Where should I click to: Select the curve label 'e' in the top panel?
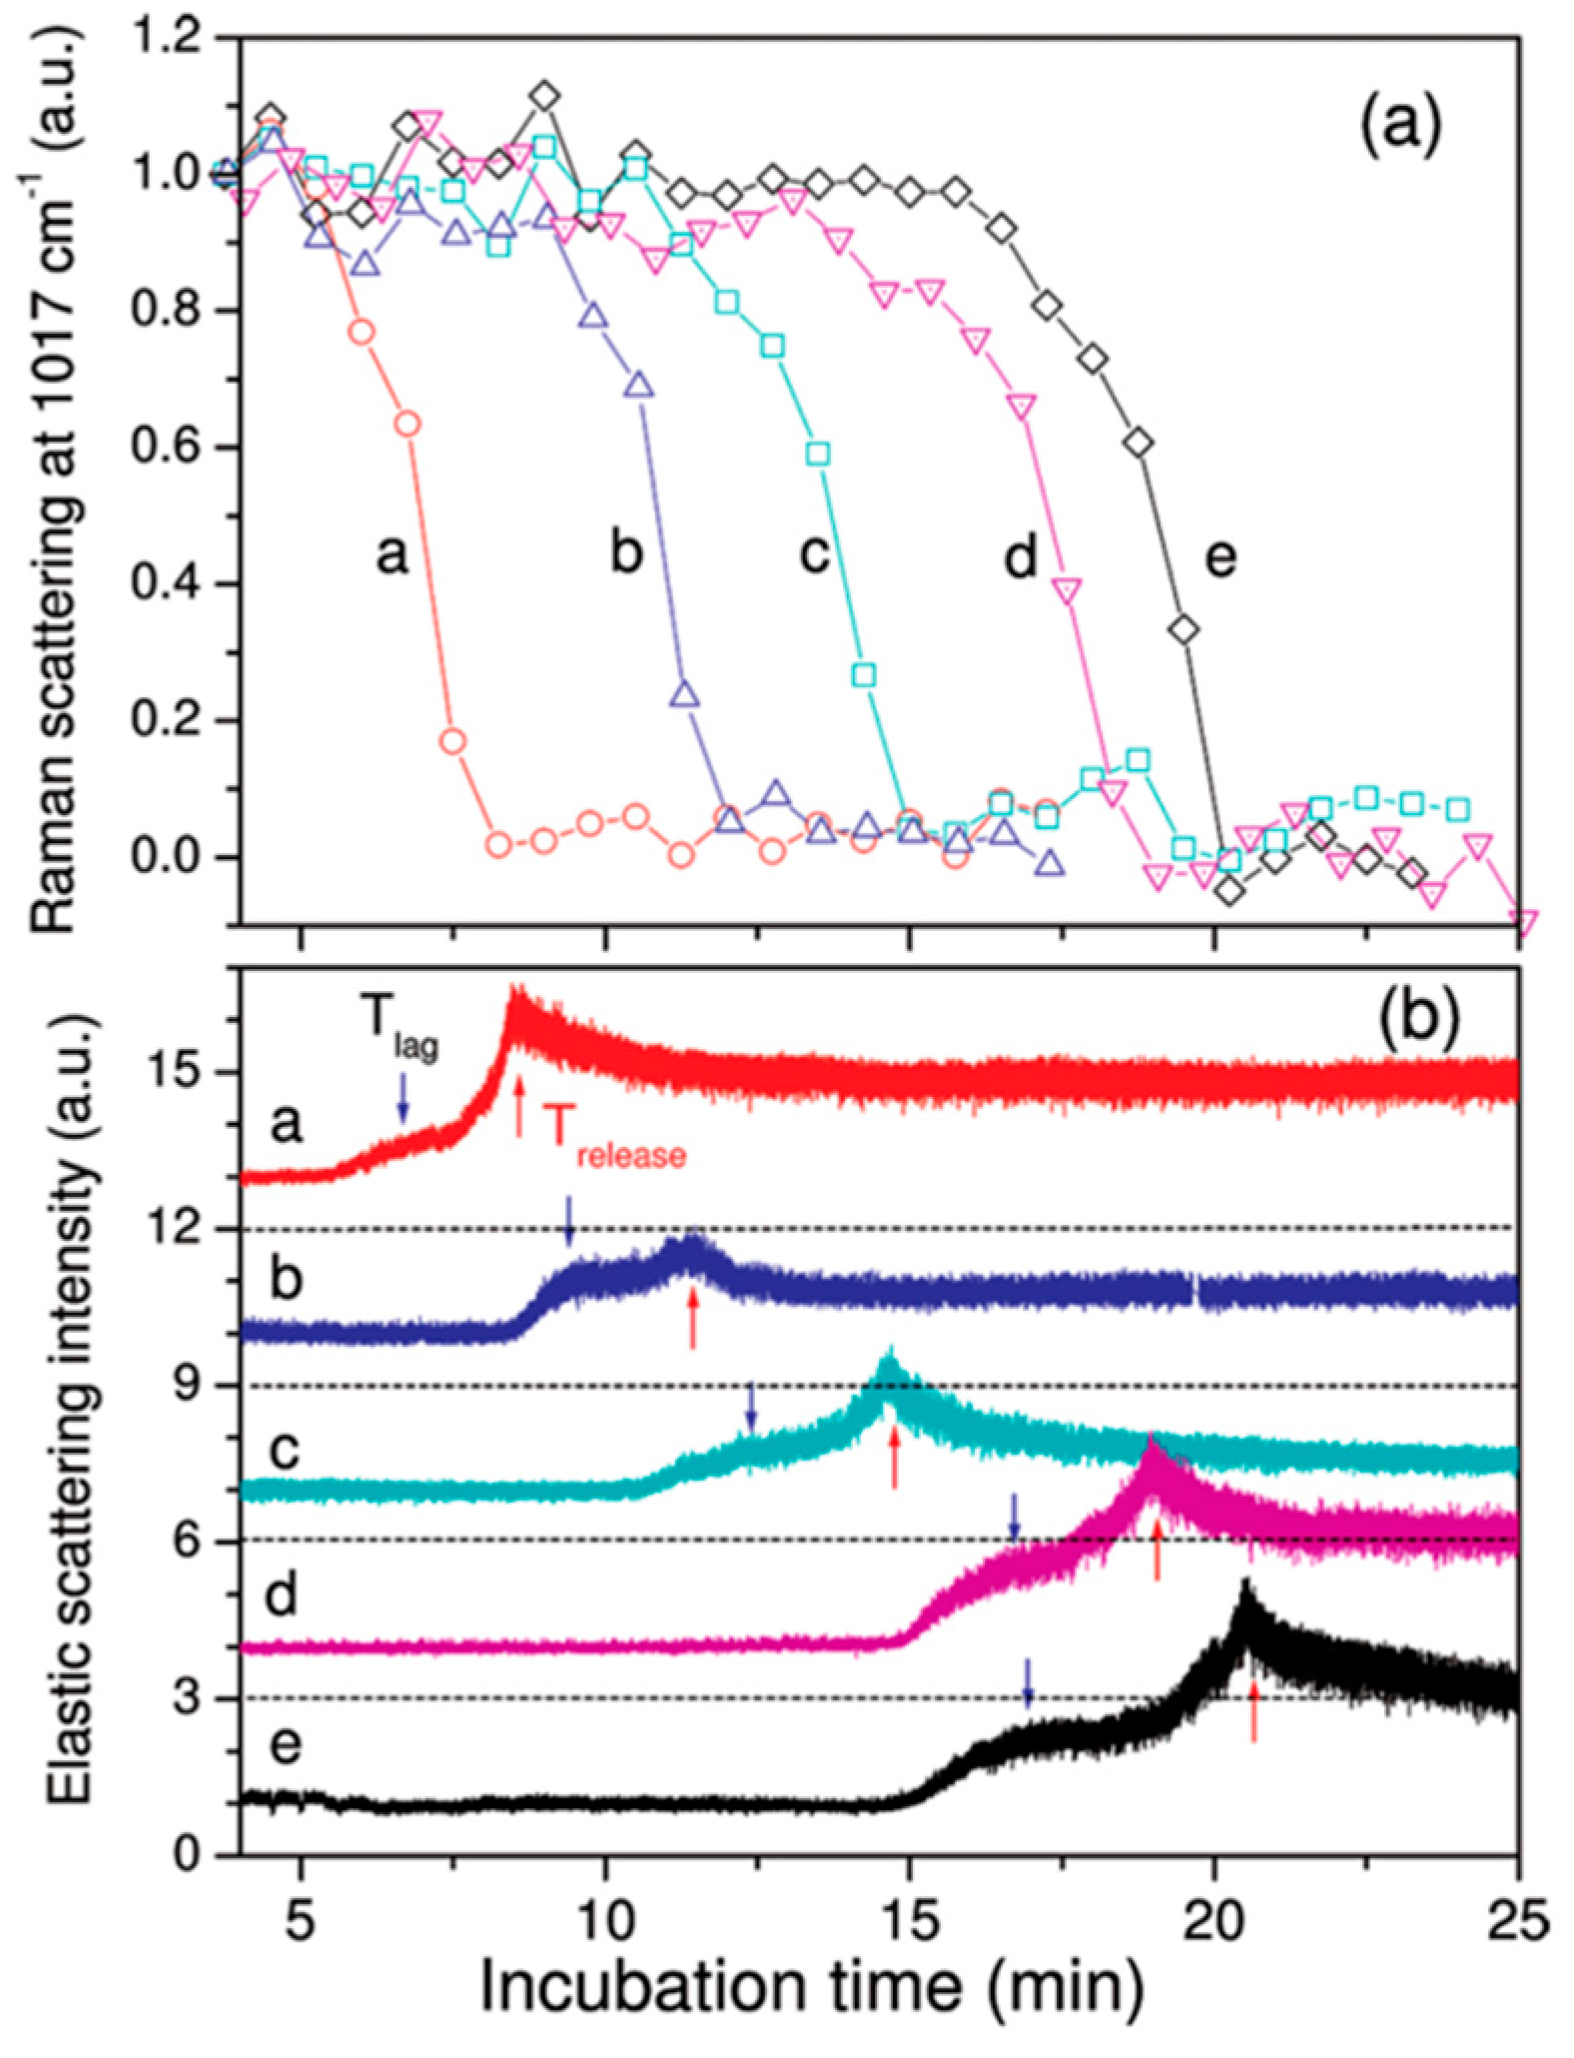point(1219,555)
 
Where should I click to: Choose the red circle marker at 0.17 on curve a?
point(452,741)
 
